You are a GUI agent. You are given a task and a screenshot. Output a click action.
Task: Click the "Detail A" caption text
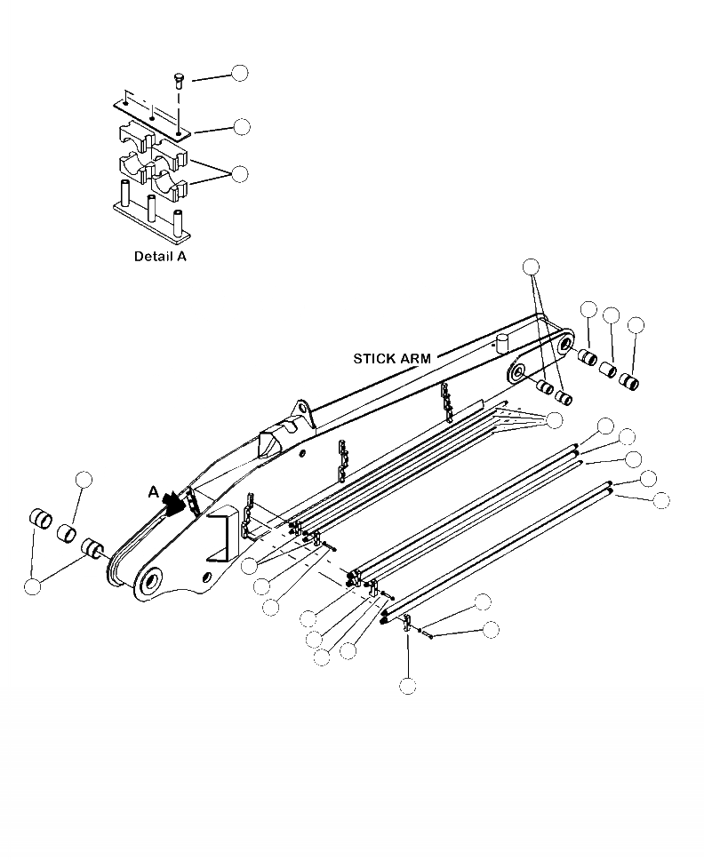[x=160, y=256]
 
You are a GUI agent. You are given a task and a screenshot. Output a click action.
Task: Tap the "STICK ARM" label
[x=392, y=359]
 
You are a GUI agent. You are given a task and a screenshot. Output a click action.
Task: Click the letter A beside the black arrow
[x=154, y=490]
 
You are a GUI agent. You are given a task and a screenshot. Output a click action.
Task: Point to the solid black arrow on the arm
[x=178, y=502]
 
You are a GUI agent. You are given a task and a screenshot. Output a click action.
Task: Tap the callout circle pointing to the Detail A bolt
[x=240, y=73]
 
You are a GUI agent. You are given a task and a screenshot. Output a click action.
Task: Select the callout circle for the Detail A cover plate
[x=241, y=127]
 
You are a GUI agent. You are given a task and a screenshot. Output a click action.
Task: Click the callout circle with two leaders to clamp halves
[x=240, y=174]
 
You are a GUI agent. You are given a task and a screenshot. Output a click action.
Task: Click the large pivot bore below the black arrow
[x=150, y=581]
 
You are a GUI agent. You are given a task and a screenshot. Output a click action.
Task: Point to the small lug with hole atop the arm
[x=300, y=412]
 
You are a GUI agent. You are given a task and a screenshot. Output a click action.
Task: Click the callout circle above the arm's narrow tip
[x=531, y=266]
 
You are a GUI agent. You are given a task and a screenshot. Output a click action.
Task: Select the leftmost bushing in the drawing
[x=40, y=518]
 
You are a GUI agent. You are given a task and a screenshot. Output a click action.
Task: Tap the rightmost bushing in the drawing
[x=630, y=383]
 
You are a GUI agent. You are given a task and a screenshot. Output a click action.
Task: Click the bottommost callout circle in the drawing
[x=408, y=685]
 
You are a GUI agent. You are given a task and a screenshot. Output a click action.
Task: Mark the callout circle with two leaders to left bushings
[x=33, y=585]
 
